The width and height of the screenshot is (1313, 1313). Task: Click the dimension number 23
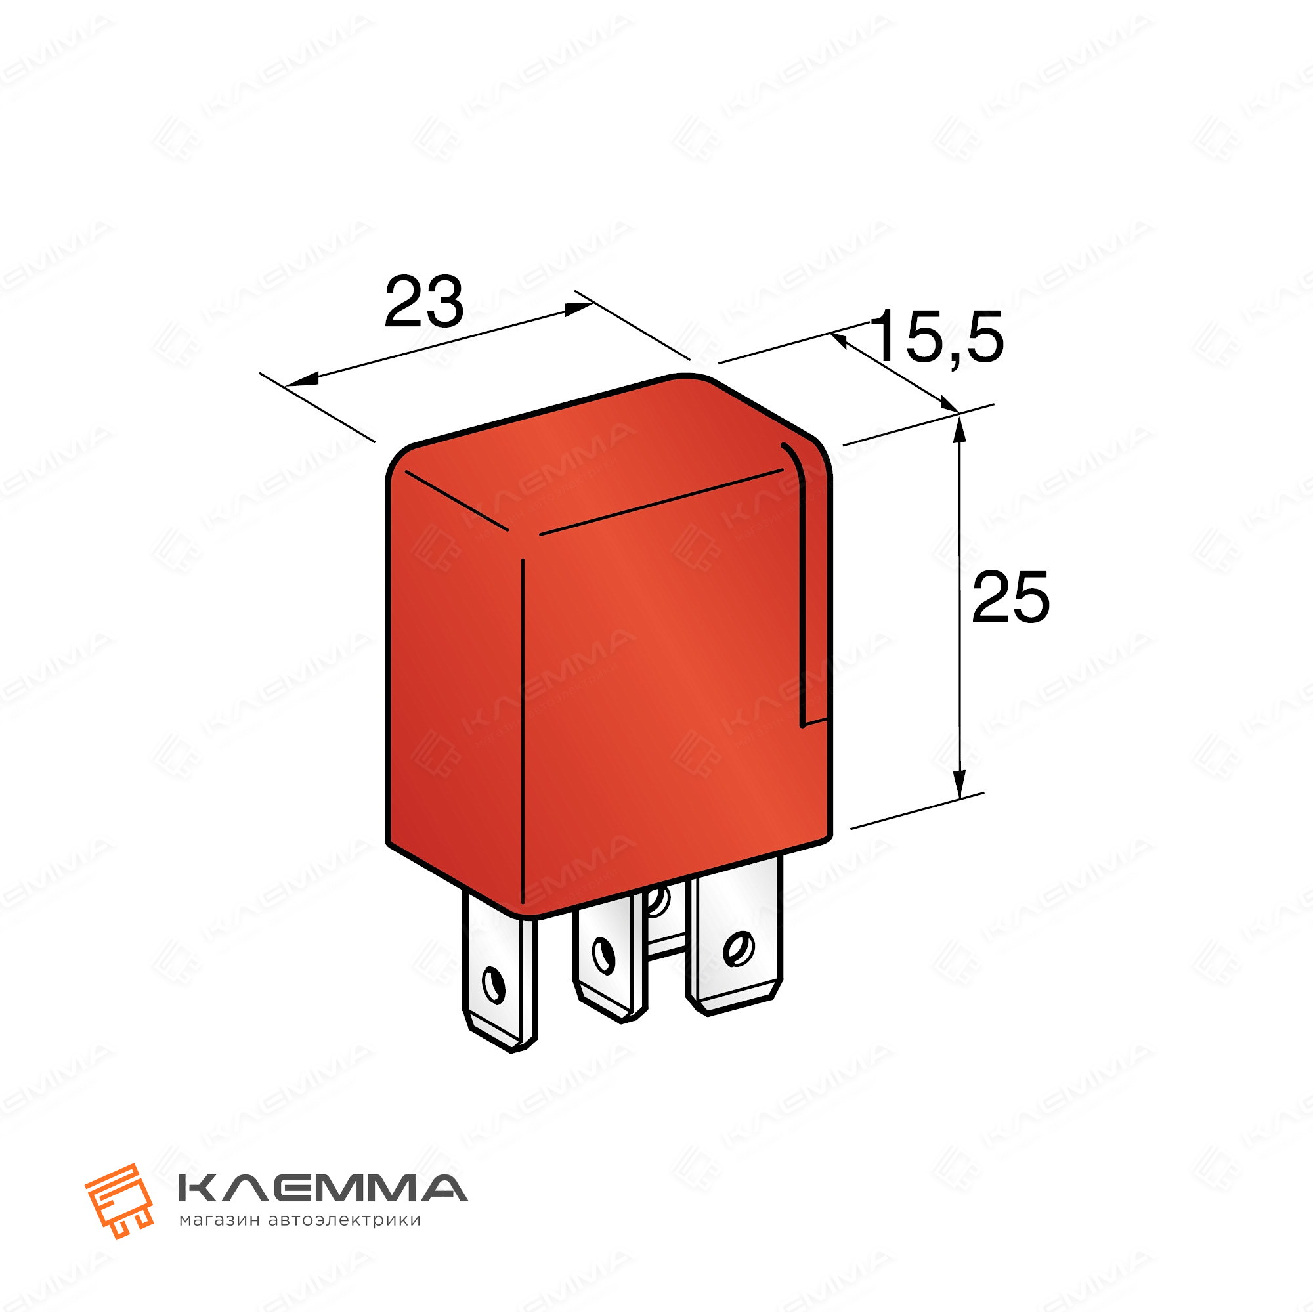(424, 302)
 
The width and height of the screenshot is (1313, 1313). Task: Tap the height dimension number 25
(1010, 597)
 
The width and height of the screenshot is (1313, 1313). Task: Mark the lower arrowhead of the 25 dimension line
(959, 781)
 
